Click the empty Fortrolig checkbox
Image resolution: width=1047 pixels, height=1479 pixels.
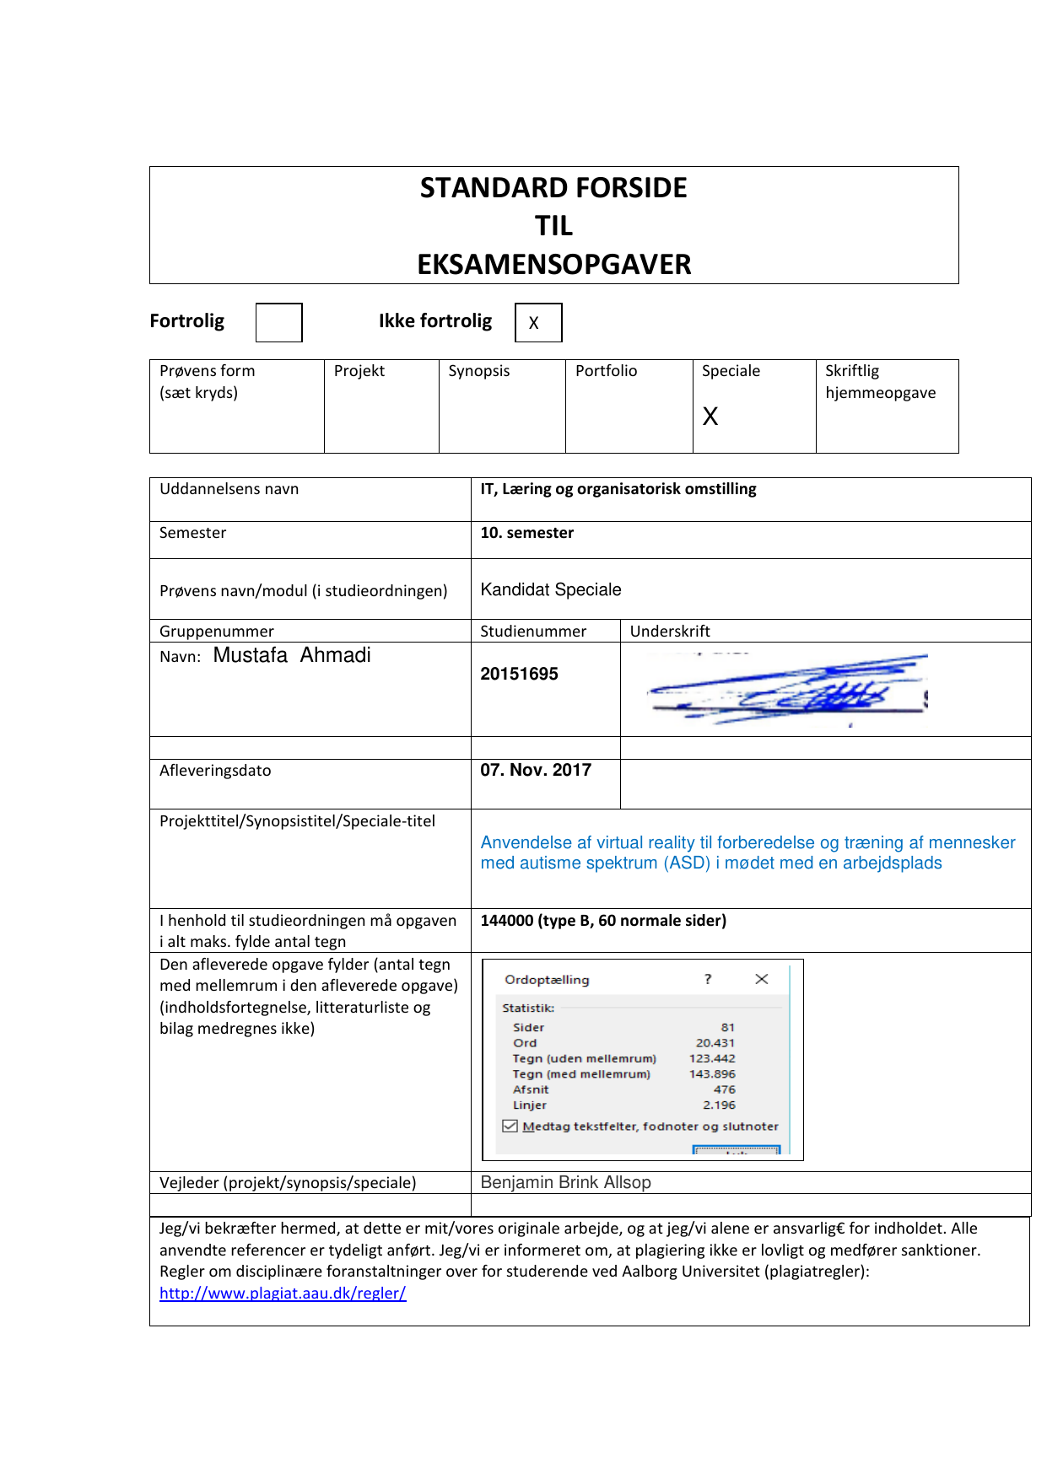click(x=278, y=322)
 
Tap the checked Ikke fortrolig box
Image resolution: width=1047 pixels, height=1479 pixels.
click(x=538, y=322)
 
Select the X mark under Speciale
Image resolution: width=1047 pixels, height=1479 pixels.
click(x=710, y=416)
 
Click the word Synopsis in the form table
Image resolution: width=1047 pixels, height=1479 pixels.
click(x=478, y=371)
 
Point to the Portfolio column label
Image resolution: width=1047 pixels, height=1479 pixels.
click(x=606, y=371)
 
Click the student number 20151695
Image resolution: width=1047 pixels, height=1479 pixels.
click(x=519, y=674)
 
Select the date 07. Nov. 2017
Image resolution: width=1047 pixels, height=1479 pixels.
click(x=536, y=770)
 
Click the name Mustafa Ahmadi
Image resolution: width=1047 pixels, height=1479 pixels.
click(x=292, y=655)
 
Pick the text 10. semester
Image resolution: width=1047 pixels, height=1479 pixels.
click(x=526, y=533)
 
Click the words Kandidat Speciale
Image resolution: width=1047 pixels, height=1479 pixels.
click(x=550, y=589)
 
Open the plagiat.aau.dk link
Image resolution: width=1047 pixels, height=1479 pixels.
click(x=283, y=1293)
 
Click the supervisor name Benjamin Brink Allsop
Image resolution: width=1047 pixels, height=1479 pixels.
click(x=565, y=1182)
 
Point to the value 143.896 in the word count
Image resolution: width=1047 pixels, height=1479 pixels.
click(x=712, y=1074)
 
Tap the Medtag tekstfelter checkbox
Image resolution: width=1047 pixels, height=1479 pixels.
click(x=510, y=1126)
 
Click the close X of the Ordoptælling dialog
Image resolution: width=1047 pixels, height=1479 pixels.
click(x=762, y=979)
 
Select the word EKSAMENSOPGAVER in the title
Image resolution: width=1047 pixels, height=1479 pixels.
click(x=553, y=264)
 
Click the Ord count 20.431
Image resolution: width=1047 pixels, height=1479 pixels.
click(x=715, y=1043)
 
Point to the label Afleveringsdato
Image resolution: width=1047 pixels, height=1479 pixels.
click(x=215, y=771)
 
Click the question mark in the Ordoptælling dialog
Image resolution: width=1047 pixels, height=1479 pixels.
click(x=708, y=979)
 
